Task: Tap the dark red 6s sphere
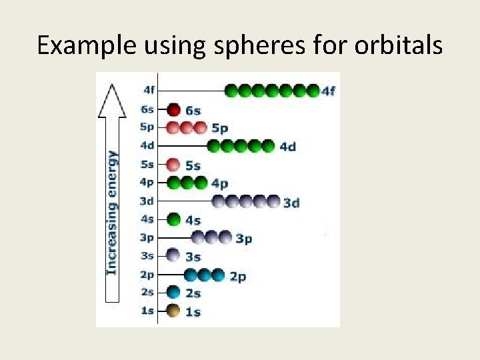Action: (x=173, y=109)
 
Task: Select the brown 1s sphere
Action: (x=173, y=311)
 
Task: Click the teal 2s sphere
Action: (x=173, y=292)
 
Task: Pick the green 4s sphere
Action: (x=173, y=219)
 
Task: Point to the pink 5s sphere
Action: (x=173, y=165)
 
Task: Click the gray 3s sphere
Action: (x=173, y=255)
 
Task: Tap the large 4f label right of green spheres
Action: (x=329, y=91)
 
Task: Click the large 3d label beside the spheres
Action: (x=291, y=202)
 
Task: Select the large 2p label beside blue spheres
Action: (x=238, y=275)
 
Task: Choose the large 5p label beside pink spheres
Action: (x=219, y=128)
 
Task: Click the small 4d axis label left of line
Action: (x=147, y=145)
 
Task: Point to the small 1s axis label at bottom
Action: (x=147, y=311)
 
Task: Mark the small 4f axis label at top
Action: (x=149, y=89)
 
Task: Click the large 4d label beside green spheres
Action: (x=287, y=147)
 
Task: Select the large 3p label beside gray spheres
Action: (x=244, y=238)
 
